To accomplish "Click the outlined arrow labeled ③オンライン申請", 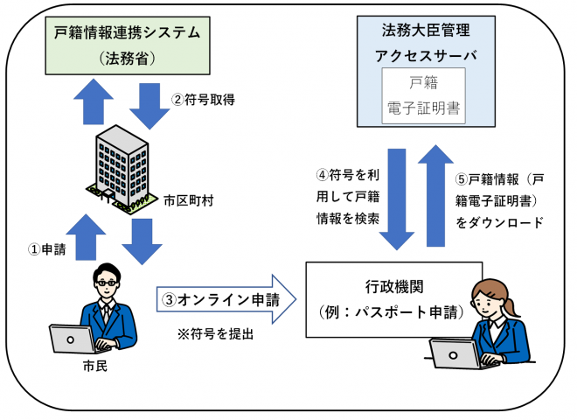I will click(227, 298).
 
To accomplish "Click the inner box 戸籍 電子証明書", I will click(424, 98).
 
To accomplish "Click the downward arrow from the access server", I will click(401, 199).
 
